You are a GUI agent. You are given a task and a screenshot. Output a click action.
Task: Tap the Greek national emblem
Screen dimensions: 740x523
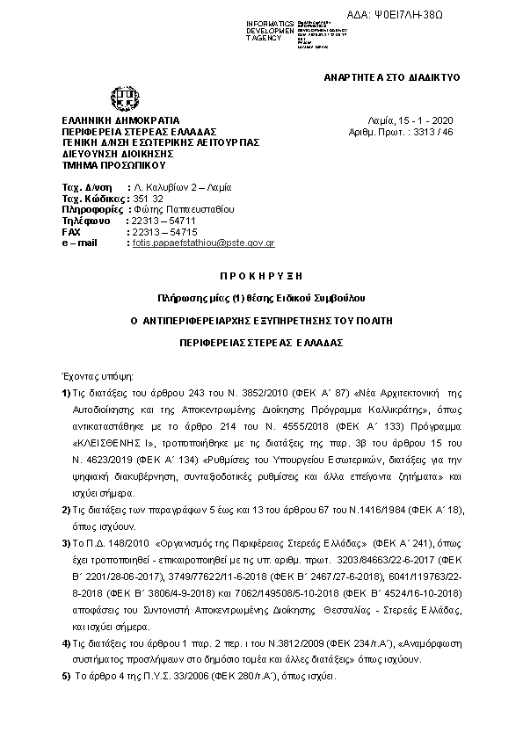point(120,98)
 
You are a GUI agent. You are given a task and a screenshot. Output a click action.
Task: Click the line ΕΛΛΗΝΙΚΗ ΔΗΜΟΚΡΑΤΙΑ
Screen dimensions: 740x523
point(120,120)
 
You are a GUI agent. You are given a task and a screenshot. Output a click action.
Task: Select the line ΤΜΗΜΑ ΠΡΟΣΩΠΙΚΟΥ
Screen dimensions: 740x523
point(113,164)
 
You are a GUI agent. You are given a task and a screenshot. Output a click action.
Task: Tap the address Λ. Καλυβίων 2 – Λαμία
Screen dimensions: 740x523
point(180,189)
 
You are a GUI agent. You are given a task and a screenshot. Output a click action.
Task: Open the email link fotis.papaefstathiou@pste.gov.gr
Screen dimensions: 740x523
point(203,243)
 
